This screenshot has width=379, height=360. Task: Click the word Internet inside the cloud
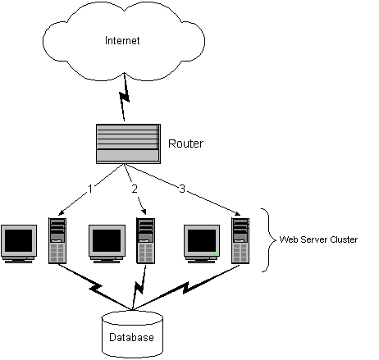(x=122, y=40)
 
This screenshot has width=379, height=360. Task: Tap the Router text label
(x=185, y=144)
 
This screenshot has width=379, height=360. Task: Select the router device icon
(x=128, y=144)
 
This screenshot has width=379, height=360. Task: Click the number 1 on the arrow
(x=90, y=189)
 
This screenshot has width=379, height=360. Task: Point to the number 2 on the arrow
(x=135, y=189)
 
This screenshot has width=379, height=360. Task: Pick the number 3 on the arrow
(x=182, y=189)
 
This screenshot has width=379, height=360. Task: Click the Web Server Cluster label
(x=318, y=239)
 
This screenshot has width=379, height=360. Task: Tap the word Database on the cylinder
(x=131, y=337)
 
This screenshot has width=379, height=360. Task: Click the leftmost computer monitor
(x=19, y=244)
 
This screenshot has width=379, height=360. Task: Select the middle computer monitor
(x=107, y=244)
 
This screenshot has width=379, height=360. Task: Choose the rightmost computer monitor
(x=202, y=244)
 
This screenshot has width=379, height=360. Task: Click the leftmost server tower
(x=57, y=240)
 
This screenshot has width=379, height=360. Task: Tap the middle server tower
(x=146, y=240)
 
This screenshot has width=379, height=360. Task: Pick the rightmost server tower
(x=240, y=240)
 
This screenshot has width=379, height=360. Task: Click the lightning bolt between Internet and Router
(x=125, y=97)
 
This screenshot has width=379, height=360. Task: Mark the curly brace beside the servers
(x=269, y=240)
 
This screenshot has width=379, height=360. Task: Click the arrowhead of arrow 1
(x=61, y=213)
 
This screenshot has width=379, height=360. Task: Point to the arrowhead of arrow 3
(x=237, y=213)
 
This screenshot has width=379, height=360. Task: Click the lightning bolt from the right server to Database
(x=185, y=288)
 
